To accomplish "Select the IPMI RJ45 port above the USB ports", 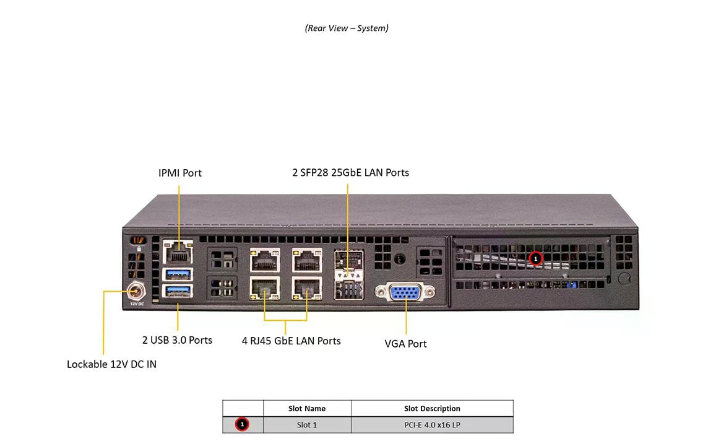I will [178, 253].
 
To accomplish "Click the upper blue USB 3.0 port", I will [178, 274].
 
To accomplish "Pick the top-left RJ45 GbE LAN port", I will [264, 259].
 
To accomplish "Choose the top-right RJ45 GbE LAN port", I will [307, 259].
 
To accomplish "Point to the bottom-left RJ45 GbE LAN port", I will [264, 287].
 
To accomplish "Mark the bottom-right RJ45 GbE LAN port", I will [307, 287].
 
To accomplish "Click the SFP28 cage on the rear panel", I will [348, 274].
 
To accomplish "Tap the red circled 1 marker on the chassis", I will [536, 258].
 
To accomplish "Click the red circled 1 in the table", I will [243, 424].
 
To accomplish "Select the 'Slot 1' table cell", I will [307, 424].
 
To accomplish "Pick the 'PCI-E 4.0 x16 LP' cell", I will [432, 424].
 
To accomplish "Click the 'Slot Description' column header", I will [432, 408].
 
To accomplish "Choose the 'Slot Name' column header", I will [307, 408].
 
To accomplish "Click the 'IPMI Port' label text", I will [180, 173].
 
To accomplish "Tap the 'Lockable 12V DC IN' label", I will [111, 364].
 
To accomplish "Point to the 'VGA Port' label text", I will [406, 344].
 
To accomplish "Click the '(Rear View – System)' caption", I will [347, 28].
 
